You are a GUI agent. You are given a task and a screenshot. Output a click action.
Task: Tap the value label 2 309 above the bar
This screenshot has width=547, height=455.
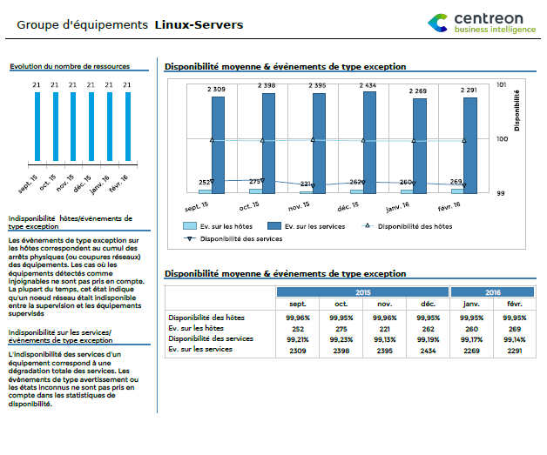point(217,89)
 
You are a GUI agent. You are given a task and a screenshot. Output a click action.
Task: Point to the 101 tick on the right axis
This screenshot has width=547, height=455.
point(501,84)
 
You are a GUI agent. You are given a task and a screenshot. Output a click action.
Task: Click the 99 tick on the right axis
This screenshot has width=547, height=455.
point(500,194)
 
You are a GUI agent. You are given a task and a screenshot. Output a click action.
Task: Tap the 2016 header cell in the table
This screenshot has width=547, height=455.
point(492,292)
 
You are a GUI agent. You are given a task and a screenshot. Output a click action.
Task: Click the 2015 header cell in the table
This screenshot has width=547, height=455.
point(362,292)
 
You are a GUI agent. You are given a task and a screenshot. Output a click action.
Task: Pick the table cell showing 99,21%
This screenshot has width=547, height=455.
point(298,338)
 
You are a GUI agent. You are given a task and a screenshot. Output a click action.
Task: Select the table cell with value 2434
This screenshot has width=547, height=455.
point(428,350)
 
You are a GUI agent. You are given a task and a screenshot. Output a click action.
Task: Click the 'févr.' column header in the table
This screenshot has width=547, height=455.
point(514,304)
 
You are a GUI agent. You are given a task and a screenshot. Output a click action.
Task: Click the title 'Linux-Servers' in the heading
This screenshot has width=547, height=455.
point(199,24)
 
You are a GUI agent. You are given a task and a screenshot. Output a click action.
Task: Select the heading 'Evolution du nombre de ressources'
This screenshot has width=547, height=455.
point(69,65)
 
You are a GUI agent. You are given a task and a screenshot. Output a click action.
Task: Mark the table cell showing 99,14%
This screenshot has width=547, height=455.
point(514,338)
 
